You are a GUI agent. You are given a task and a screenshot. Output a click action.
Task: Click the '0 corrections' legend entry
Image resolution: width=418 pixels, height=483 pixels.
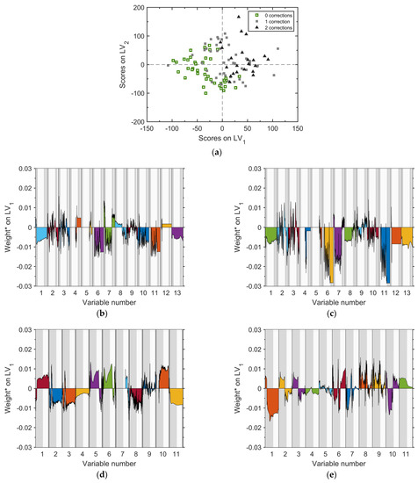click(263, 15)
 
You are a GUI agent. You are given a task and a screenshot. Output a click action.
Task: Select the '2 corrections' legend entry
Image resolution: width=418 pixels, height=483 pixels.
click(263, 28)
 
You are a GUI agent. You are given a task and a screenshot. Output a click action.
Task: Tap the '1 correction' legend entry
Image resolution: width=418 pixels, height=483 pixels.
click(262, 21)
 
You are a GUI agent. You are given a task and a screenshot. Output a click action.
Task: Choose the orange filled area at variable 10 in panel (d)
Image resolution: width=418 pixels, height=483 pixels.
click(163, 378)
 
